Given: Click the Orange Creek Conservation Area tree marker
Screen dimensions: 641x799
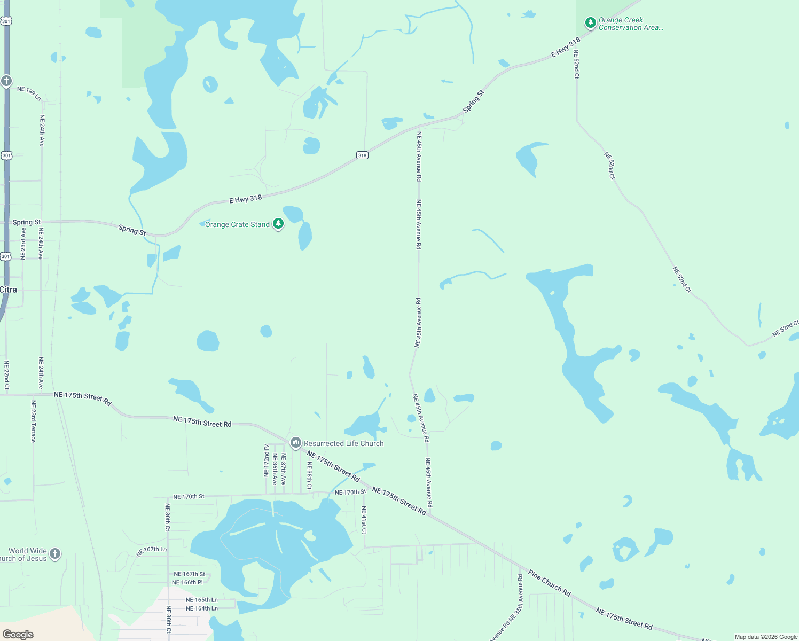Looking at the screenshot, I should [x=590, y=23].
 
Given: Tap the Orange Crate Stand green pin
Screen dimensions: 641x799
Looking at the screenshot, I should [x=278, y=224].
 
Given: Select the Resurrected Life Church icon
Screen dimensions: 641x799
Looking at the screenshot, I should [x=295, y=443].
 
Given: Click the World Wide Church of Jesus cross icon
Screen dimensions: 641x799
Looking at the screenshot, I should [x=55, y=554].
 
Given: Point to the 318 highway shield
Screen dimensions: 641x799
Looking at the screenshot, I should [x=362, y=155].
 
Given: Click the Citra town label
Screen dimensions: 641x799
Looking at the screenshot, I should [x=9, y=290].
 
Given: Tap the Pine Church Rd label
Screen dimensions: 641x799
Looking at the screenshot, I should [x=550, y=583].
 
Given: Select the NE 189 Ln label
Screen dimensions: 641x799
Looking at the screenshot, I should [x=29, y=93].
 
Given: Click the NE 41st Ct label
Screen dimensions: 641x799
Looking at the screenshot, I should [x=364, y=520].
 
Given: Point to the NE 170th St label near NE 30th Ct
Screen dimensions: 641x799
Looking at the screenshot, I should [x=189, y=497].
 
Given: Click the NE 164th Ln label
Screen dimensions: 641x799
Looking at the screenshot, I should [x=201, y=608].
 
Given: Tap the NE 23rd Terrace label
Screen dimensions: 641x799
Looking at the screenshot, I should [x=33, y=421].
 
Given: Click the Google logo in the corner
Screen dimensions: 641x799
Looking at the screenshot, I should [x=18, y=635].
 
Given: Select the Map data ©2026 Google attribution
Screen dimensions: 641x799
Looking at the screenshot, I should [x=765, y=637].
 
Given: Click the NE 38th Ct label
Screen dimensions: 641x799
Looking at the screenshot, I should [x=309, y=475].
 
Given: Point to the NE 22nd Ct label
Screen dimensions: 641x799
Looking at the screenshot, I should [x=7, y=375].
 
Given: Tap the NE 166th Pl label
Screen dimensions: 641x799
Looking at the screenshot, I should [x=187, y=583].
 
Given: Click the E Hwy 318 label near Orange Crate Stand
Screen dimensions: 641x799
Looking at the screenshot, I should [x=246, y=199].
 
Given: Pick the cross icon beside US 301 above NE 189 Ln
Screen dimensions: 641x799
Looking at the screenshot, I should [x=6, y=81].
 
